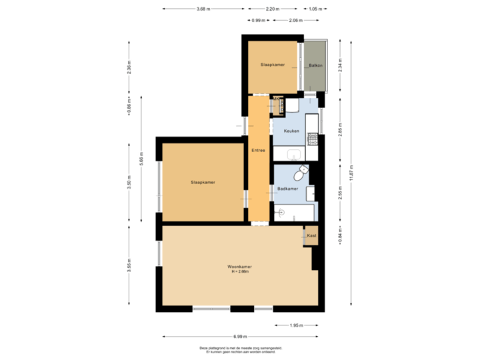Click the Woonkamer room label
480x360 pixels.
coord(239,267)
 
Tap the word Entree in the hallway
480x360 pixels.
coord(258,150)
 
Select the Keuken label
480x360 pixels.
coord(291,131)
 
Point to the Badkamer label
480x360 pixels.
coord(287,189)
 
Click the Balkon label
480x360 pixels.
coord(315,65)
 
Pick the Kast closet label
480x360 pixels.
coord(311,235)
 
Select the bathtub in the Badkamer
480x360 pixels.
coord(294,213)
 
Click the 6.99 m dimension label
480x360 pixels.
coord(240,336)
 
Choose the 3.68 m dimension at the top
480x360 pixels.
coord(204,9)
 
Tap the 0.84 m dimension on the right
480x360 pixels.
coord(340,235)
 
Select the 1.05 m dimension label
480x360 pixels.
coord(316,9)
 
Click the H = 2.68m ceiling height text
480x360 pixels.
coord(239,271)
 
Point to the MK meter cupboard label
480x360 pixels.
coord(275,100)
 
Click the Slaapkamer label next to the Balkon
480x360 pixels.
coord(273,65)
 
